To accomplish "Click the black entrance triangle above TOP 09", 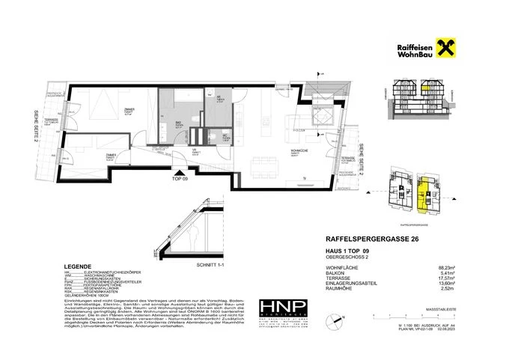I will pos(177,171).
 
